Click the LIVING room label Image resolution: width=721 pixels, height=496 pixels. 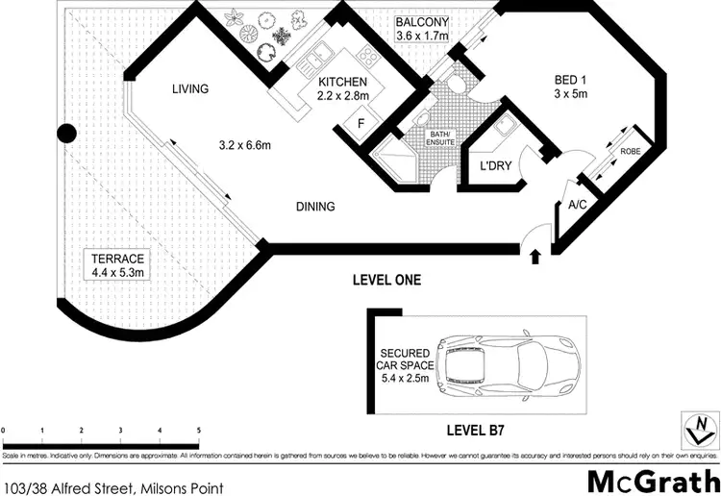[190, 89]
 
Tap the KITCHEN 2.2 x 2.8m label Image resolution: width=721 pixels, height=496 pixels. [342, 91]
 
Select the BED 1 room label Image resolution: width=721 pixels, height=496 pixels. [569, 87]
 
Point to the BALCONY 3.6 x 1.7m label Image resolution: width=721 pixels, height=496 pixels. [430, 29]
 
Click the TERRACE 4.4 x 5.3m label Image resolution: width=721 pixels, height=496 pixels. [117, 265]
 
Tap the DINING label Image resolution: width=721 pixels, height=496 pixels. [315, 206]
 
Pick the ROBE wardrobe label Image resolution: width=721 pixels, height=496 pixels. [631, 152]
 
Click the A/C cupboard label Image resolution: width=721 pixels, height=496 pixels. [579, 204]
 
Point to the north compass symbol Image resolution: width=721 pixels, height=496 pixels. [700, 424]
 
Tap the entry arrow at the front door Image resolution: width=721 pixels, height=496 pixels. [535, 255]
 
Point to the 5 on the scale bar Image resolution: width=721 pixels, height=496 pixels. [198, 431]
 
